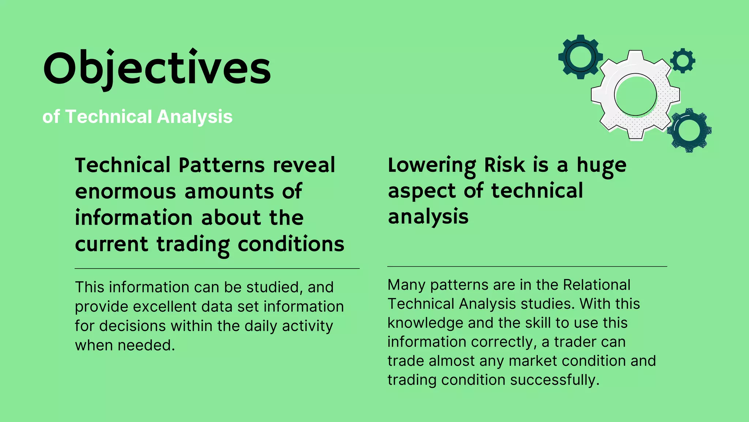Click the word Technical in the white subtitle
coord(108,117)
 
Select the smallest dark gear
coord(682,61)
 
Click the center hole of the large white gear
coord(635,95)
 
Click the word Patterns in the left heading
coord(221,165)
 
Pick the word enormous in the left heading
coord(125,192)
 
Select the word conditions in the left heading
coord(291,244)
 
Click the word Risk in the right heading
coord(505,165)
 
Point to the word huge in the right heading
coord(601,165)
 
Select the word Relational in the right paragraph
coord(596,285)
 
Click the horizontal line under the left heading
coord(217,269)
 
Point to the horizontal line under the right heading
coord(527,266)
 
